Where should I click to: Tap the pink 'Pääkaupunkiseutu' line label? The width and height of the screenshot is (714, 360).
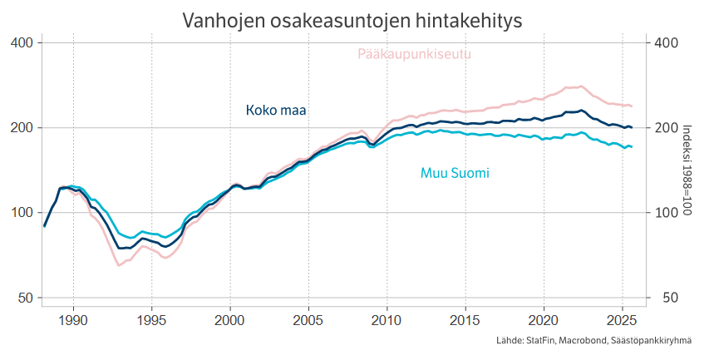pos(415,55)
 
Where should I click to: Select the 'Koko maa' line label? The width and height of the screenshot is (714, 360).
pos(276,111)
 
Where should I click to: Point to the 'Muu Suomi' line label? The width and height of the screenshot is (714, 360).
pos(454,174)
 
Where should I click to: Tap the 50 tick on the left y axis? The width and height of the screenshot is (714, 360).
pos(24,298)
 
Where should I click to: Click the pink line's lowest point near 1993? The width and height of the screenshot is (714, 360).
pos(120,265)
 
